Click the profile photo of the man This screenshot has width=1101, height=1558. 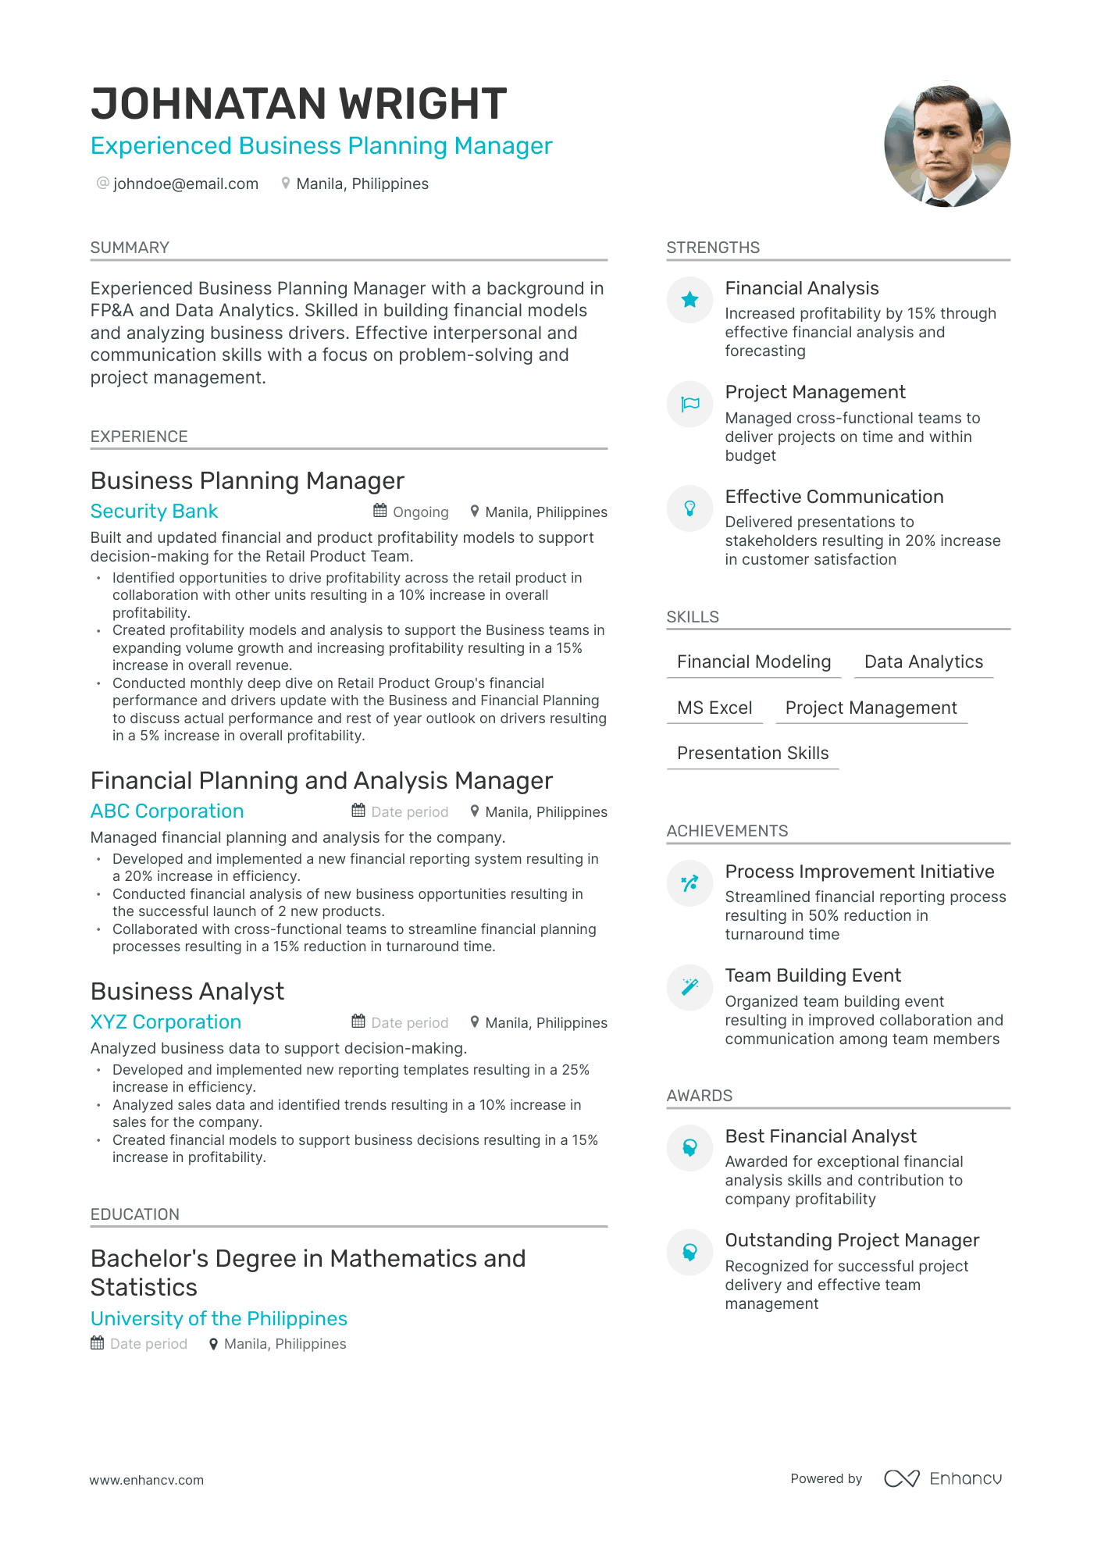[946, 144]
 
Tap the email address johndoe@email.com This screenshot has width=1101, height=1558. [185, 184]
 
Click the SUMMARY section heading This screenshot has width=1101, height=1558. [130, 248]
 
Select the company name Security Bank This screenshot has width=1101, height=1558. [154, 512]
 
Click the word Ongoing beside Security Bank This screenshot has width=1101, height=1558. [420, 512]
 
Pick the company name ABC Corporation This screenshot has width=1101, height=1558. [167, 811]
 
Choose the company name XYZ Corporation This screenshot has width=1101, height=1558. [166, 1022]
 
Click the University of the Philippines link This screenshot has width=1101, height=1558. [219, 1319]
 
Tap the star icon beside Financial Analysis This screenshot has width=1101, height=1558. [689, 300]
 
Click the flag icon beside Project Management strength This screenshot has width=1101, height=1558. [689, 404]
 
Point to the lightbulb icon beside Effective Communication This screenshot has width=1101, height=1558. [689, 508]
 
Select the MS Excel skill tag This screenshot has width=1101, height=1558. [714, 708]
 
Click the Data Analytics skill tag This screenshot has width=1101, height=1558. [923, 662]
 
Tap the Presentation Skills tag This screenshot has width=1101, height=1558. [753, 754]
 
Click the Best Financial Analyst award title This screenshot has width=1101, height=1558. [821, 1136]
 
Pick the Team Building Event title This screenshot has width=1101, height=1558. [813, 975]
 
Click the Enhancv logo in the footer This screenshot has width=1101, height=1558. [942, 1478]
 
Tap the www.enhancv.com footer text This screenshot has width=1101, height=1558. [146, 1480]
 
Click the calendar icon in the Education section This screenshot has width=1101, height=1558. [97, 1343]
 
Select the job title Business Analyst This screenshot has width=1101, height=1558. [187, 992]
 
